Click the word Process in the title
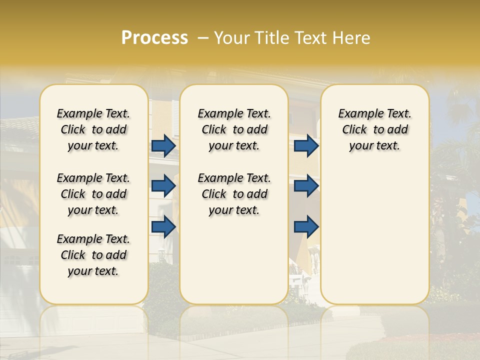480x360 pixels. (154, 37)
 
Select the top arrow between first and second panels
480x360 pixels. (163, 146)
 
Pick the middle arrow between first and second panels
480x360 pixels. (163, 186)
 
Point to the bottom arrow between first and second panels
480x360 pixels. (163, 226)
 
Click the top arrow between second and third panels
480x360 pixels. (306, 146)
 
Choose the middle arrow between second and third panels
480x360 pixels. (306, 186)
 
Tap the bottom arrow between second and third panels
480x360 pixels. (306, 226)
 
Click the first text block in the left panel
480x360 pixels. (93, 129)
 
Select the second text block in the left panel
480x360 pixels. (93, 194)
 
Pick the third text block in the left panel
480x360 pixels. (93, 255)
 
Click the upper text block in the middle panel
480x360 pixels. (234, 129)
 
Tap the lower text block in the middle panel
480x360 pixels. (234, 194)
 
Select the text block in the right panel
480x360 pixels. (374, 129)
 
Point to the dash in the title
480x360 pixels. (202, 38)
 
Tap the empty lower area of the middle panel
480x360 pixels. (234, 260)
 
